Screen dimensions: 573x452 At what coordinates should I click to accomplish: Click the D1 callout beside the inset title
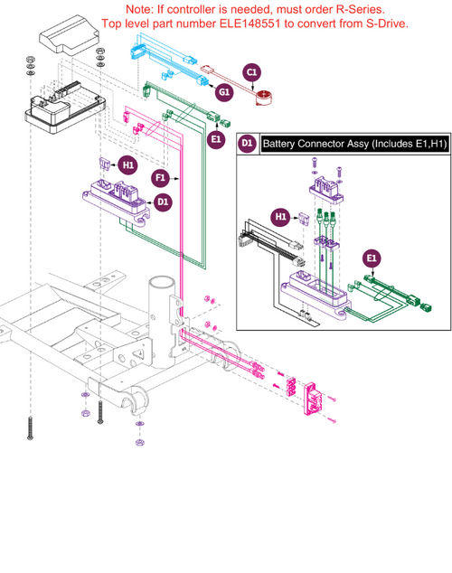click(x=246, y=143)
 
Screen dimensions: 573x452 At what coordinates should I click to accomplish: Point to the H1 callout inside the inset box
click(x=280, y=217)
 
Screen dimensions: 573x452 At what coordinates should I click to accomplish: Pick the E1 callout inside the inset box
click(x=372, y=259)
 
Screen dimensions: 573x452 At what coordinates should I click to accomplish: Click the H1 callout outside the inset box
click(x=127, y=165)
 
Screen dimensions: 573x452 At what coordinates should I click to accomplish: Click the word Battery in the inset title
click(x=282, y=143)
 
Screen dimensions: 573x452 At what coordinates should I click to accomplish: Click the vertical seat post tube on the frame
click(x=162, y=289)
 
